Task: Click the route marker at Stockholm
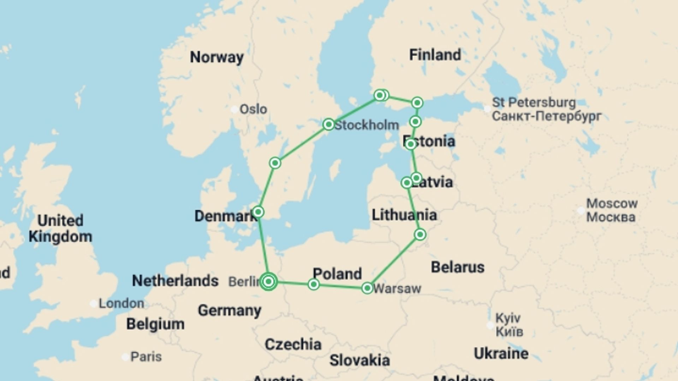point(328,124)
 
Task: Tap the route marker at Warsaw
point(367,288)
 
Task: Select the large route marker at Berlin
point(268,282)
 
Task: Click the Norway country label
point(216,57)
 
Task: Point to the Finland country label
point(435,55)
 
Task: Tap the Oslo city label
point(253,109)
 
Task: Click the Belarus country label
point(457,267)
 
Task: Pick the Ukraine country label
point(501,353)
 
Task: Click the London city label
point(121,303)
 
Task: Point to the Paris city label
point(146,357)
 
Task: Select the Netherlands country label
point(175,281)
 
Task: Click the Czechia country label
point(293,344)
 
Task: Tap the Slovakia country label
point(359,361)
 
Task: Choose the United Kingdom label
point(60,228)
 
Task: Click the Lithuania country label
point(404,215)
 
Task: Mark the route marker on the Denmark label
point(258,212)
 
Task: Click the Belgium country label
point(155,324)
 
